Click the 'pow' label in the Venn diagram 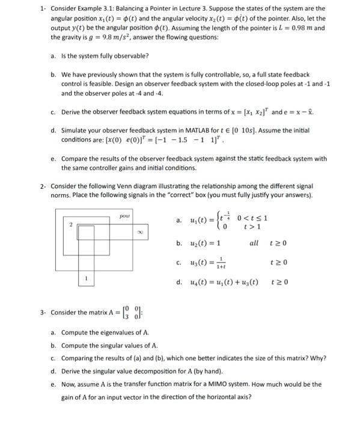pyautogui.click(x=124, y=214)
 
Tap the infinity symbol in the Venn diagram pyautogui.click(x=139, y=230)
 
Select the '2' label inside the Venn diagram pyautogui.click(x=70, y=225)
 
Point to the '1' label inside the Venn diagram pyautogui.click(x=87, y=295)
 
